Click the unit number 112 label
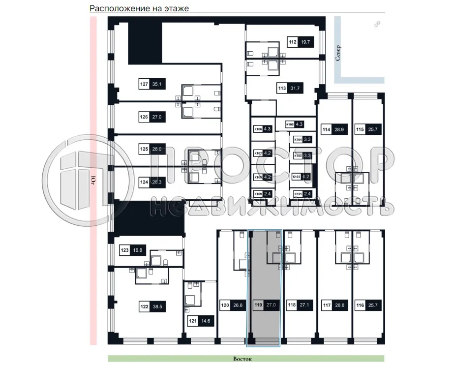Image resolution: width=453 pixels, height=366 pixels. (x=293, y=42)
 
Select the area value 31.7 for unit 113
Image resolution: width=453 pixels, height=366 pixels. (x=295, y=89)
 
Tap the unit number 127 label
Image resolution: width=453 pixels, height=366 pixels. (x=144, y=85)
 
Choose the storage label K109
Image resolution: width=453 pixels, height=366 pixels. (x=258, y=194)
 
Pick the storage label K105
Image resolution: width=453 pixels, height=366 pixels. (x=290, y=124)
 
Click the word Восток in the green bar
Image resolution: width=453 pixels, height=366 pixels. (x=242, y=359)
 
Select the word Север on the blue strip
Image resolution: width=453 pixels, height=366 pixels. (x=338, y=52)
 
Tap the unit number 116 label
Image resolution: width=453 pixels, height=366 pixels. (x=361, y=305)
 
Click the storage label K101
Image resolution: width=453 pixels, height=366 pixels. (x=298, y=194)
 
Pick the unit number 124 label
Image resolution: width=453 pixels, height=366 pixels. (x=144, y=182)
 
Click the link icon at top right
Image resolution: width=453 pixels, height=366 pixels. (x=377, y=24)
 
